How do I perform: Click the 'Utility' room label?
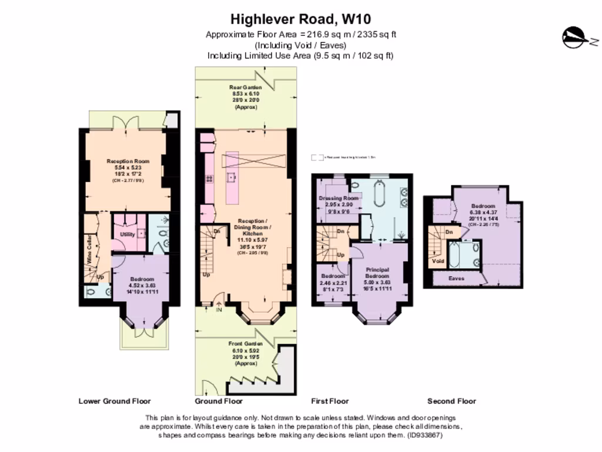coord(127,234)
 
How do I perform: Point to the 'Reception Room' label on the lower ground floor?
coord(128,161)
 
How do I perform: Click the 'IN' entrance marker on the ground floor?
coord(219,310)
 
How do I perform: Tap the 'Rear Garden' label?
coord(245,87)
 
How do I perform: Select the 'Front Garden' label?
coord(246,342)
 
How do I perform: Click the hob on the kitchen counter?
coord(209,179)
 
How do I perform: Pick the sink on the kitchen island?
coord(232,175)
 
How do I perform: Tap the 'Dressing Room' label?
coord(338,198)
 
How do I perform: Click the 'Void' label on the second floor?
coord(437,261)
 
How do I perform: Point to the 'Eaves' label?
coord(456,278)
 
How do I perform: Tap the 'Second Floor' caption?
coord(451,401)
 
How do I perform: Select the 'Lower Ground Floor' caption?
coord(115,401)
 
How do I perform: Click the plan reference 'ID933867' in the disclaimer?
coord(423,436)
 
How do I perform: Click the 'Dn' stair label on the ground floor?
coord(216,231)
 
